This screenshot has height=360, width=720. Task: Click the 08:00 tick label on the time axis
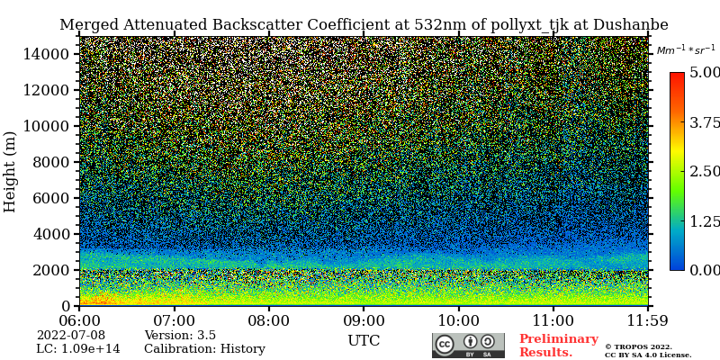pos(268,320)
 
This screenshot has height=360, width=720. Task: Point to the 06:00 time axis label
pos(79,320)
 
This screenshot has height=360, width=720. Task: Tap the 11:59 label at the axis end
pos(648,320)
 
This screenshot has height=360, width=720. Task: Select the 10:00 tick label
pos(458,320)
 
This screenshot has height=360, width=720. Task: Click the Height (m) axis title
pos(11,171)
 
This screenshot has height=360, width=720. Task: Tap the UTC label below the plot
pos(364,341)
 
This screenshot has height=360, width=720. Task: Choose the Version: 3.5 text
pos(180,336)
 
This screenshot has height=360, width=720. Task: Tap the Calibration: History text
pos(204,349)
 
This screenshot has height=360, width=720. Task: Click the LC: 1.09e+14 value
pos(78,349)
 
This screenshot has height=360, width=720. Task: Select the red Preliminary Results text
pos(558,346)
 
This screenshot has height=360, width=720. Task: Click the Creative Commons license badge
pos(468,346)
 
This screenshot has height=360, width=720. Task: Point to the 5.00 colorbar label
pos(705,72)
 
